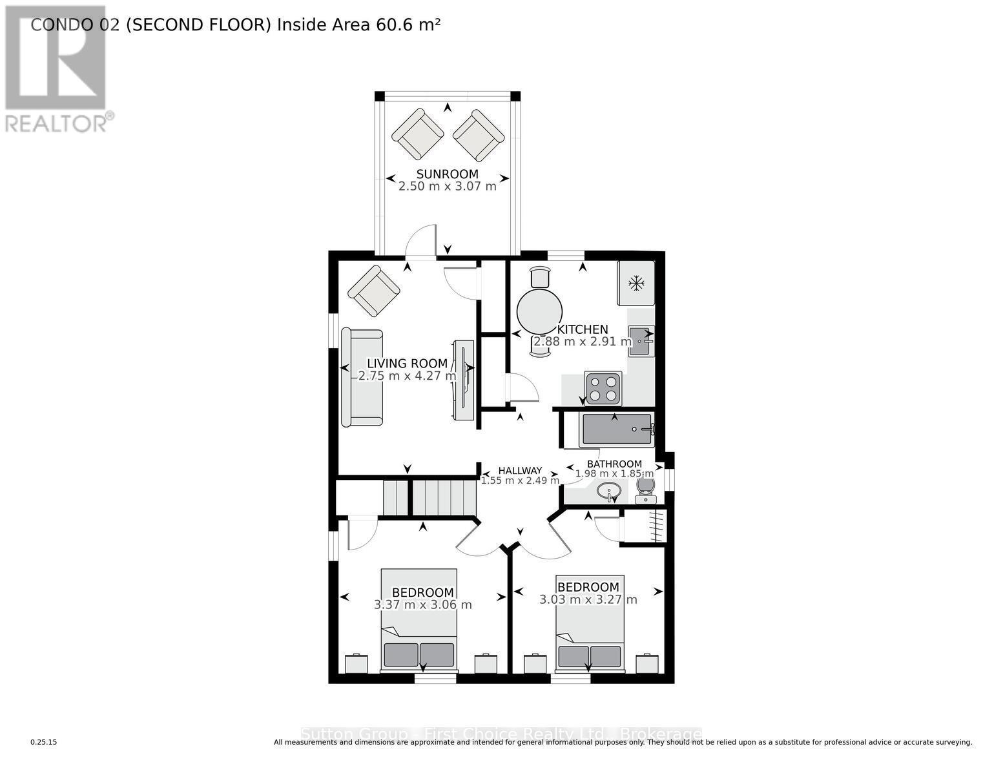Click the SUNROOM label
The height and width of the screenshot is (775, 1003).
(x=447, y=174)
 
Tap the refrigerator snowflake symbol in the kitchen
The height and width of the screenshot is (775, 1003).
(x=637, y=283)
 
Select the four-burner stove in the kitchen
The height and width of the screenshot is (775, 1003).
(x=603, y=388)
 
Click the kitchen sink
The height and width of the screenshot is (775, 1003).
(x=641, y=341)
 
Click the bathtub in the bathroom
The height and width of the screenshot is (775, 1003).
(x=617, y=429)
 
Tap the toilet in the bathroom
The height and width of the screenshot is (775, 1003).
(x=645, y=489)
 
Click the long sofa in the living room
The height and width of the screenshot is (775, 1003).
(x=362, y=378)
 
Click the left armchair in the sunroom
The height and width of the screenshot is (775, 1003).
(x=417, y=134)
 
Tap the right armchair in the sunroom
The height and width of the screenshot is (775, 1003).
(x=478, y=135)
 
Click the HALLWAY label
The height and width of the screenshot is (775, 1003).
(x=520, y=471)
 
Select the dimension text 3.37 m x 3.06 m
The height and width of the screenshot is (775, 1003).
(x=423, y=605)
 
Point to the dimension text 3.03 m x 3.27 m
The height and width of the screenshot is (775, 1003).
(x=588, y=600)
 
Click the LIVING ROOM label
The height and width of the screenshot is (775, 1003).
(x=407, y=364)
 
